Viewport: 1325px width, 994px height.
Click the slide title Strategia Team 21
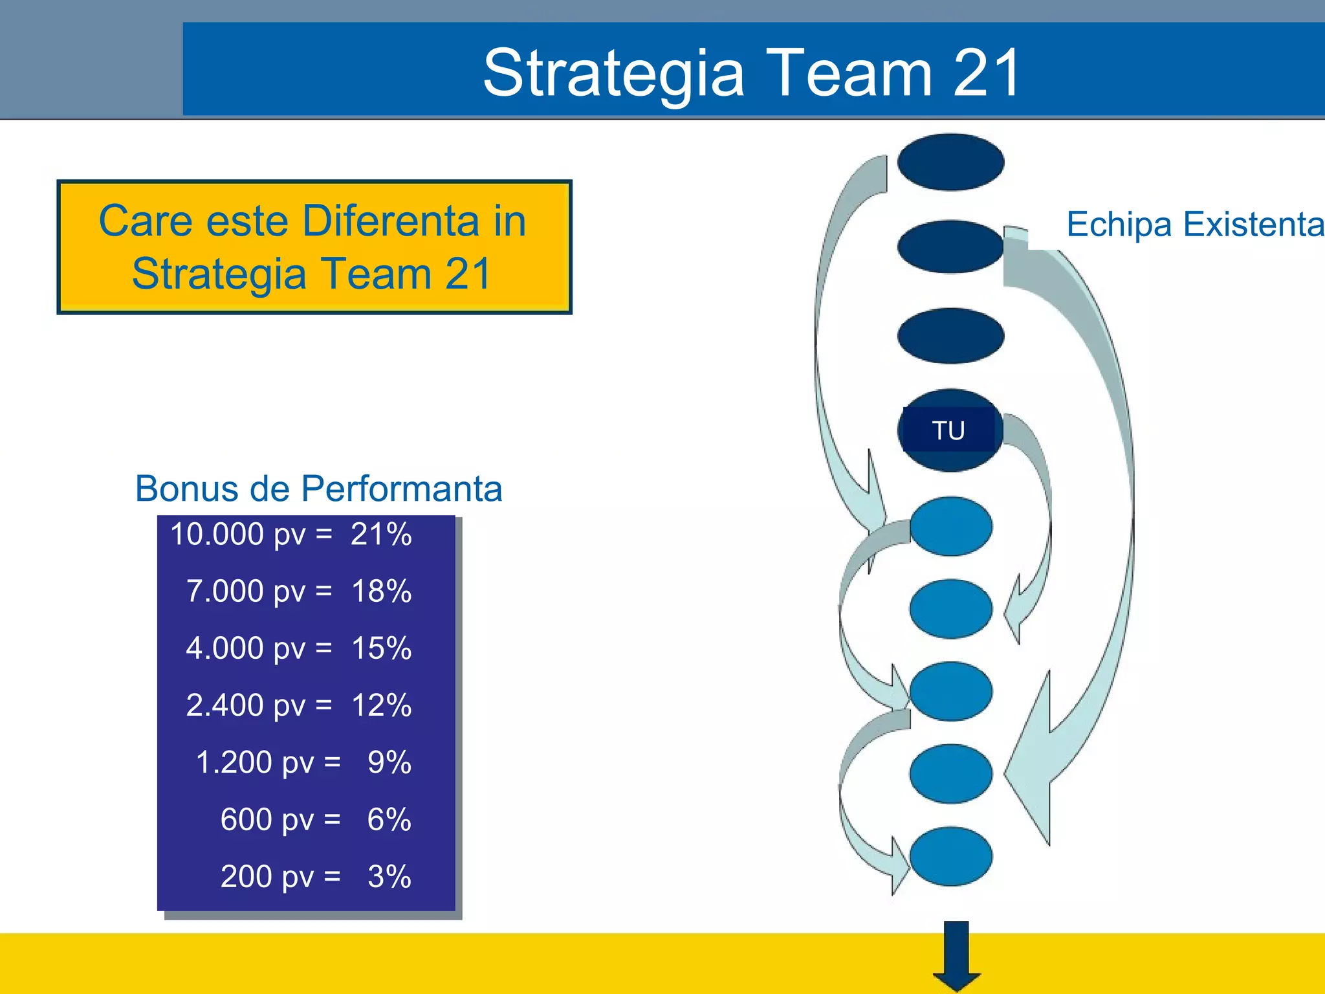[752, 72]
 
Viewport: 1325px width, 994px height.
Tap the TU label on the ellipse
[948, 430]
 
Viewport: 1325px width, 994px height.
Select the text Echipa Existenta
[1194, 225]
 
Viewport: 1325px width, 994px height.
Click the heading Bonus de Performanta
[318, 488]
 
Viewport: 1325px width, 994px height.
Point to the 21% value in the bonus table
[381, 535]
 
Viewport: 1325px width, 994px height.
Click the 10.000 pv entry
[237, 535]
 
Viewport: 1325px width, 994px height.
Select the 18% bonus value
[381, 591]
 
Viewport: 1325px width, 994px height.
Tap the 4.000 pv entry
[245, 648]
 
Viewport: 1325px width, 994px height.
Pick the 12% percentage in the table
[381, 705]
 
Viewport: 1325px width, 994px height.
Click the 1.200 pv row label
[254, 762]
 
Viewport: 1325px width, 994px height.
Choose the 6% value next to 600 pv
[389, 819]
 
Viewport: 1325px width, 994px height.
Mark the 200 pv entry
[267, 876]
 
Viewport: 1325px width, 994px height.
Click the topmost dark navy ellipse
[950, 162]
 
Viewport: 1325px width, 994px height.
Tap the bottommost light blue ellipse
[950, 856]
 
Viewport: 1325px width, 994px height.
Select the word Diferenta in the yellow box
[391, 221]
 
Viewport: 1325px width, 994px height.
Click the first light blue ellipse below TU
[950, 526]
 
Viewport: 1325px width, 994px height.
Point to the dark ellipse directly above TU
[950, 335]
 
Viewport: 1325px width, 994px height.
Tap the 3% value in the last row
[389, 876]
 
